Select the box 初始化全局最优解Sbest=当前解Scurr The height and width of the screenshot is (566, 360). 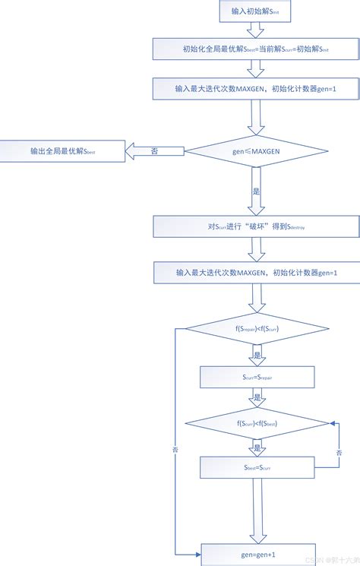255,50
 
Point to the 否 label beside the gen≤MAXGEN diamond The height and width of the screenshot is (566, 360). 155,152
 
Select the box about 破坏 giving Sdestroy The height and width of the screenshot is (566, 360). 255,226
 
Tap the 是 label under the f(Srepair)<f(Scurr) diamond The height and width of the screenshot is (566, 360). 257,356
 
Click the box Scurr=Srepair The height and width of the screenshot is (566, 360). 257,377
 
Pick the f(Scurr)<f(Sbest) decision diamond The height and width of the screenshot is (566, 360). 257,423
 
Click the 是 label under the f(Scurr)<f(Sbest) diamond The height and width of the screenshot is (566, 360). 257,447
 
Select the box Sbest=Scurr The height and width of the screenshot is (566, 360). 257,467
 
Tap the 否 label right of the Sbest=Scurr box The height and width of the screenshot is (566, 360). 338,454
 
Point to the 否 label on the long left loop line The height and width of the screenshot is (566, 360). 175,449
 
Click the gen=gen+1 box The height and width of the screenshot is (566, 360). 257,555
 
